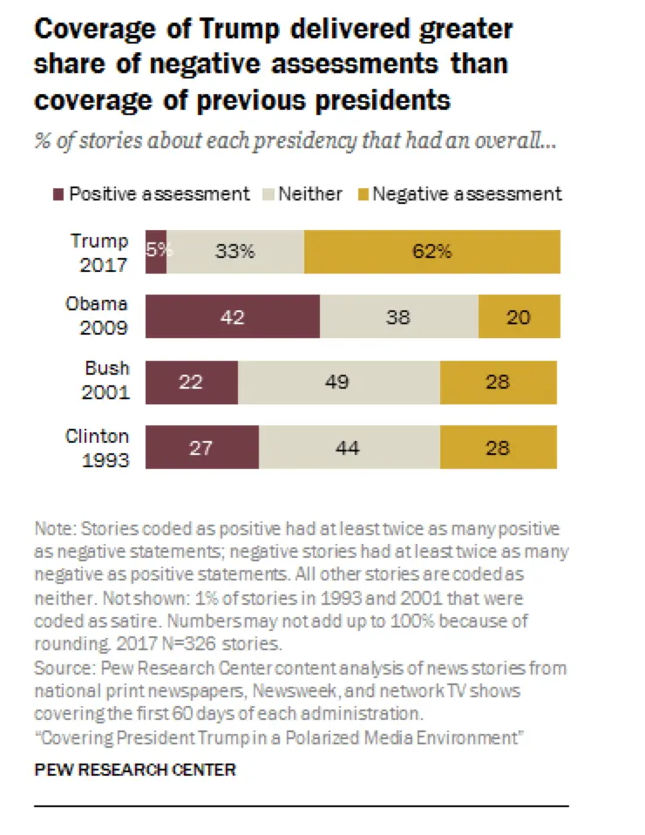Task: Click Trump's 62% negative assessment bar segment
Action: coord(432,252)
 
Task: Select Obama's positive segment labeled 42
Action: coord(233,316)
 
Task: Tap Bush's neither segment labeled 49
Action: coord(338,382)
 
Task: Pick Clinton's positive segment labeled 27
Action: coord(201,447)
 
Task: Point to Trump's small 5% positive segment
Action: coord(156,252)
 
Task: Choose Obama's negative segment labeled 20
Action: coord(519,316)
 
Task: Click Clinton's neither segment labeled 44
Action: coord(349,447)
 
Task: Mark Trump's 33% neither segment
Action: coord(235,252)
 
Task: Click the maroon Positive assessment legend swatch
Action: coord(58,193)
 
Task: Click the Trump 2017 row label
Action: coord(98,251)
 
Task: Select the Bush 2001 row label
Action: coord(106,381)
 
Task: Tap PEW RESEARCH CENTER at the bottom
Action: coord(134,770)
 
